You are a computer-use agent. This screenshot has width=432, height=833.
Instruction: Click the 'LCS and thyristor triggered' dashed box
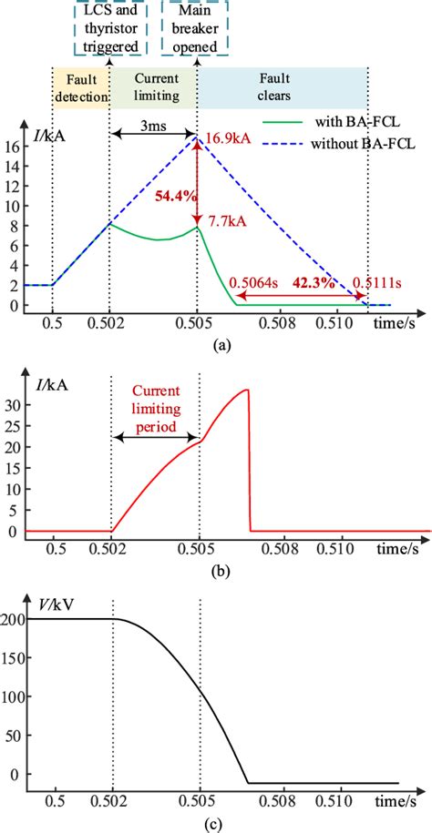click(x=108, y=28)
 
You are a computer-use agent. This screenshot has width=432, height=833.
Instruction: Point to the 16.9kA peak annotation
click(x=225, y=138)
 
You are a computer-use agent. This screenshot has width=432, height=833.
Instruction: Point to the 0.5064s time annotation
click(x=253, y=282)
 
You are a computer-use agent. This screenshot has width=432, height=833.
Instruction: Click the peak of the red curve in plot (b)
click(x=246, y=391)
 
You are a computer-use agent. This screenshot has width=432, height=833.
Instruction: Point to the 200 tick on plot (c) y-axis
click(x=15, y=619)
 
